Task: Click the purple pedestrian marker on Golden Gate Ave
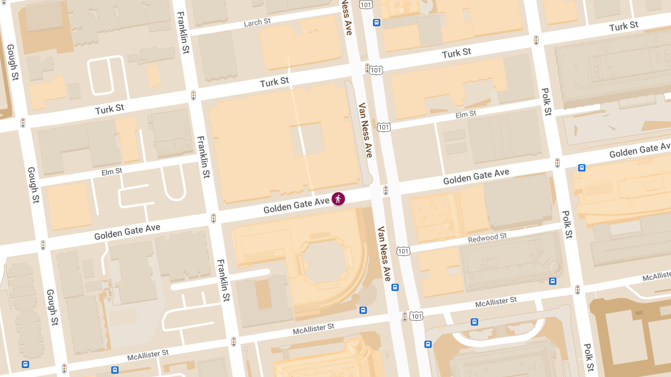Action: click(x=338, y=198)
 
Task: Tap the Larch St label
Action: click(x=257, y=23)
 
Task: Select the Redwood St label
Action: click(x=488, y=237)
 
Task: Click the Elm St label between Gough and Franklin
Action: click(x=111, y=171)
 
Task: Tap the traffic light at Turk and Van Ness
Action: click(x=367, y=68)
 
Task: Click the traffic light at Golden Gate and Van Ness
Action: click(x=386, y=190)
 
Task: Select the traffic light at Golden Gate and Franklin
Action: click(x=214, y=218)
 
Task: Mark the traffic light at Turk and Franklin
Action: click(x=193, y=96)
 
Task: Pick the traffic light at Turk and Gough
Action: click(x=23, y=122)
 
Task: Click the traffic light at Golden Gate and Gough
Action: click(x=43, y=245)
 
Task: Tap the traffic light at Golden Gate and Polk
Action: click(x=557, y=163)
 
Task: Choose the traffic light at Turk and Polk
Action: click(x=536, y=40)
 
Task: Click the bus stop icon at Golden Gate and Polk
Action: click(x=582, y=167)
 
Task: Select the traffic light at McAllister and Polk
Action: click(x=578, y=290)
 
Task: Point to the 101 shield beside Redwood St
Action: click(x=403, y=251)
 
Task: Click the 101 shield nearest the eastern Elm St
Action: click(x=384, y=127)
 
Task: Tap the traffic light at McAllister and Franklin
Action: click(x=234, y=341)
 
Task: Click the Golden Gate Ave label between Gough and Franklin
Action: click(x=127, y=232)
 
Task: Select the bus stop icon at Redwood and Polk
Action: click(x=552, y=281)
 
